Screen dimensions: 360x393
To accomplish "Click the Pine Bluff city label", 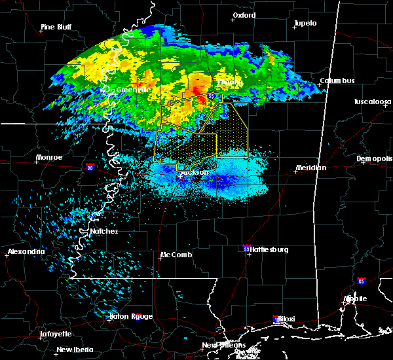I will pyautogui.click(x=56, y=27).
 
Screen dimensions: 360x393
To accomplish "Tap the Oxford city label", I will pyautogui.click(x=244, y=15).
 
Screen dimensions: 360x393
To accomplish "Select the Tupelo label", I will pyautogui.click(x=305, y=23).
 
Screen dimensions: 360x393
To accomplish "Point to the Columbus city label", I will pyautogui.click(x=337, y=81).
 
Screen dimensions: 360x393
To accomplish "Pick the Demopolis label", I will pyautogui.click(x=374, y=158).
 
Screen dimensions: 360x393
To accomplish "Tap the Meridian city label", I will pyautogui.click(x=310, y=168).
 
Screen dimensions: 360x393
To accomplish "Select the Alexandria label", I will pyautogui.click(x=26, y=251).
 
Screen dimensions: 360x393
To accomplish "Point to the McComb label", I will pyautogui.click(x=176, y=255).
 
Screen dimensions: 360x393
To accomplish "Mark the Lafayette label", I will pyautogui.click(x=56, y=334).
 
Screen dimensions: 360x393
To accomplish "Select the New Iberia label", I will pyautogui.click(x=73, y=349).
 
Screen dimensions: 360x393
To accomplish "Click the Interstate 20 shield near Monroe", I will pyautogui.click(x=90, y=167).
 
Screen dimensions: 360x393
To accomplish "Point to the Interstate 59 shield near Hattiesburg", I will pyautogui.click(x=245, y=249).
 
